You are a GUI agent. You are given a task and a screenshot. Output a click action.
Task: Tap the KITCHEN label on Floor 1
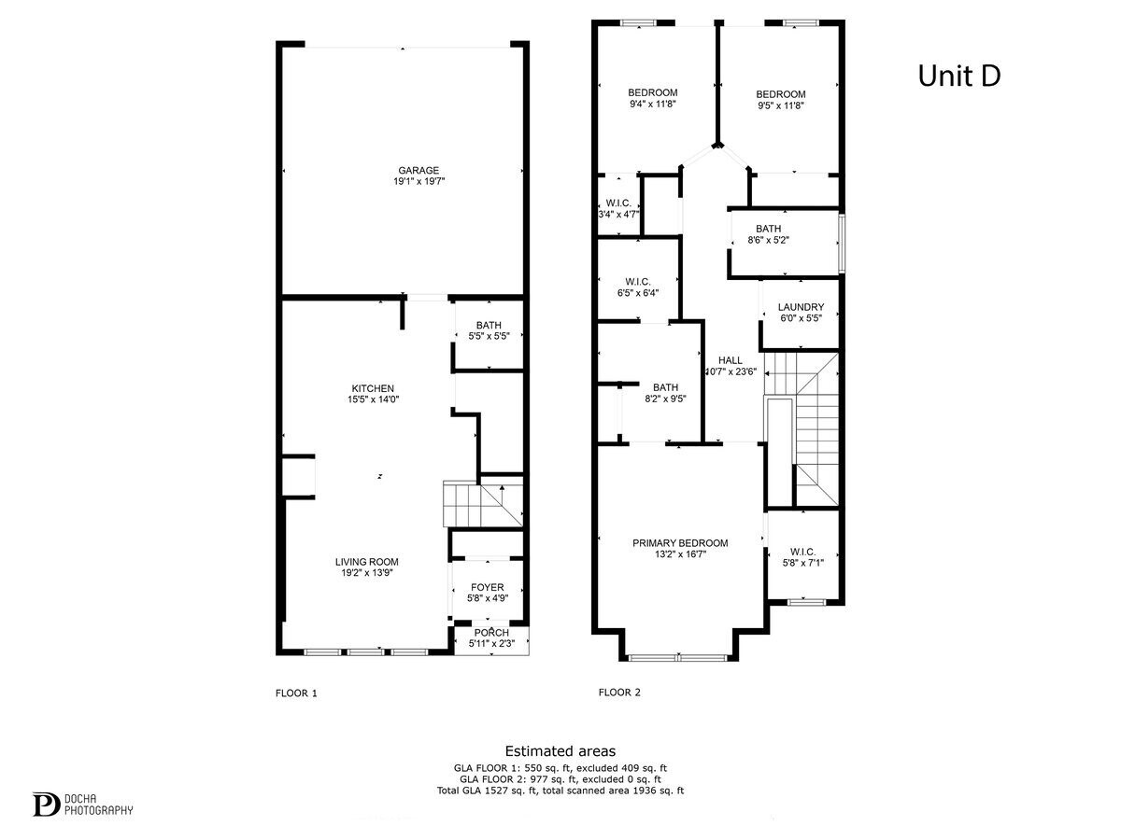point(373,388)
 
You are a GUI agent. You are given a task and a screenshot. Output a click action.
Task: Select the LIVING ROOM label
point(367,562)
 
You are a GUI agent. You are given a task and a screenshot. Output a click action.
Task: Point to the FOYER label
point(487,587)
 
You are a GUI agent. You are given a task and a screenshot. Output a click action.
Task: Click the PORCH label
point(491,632)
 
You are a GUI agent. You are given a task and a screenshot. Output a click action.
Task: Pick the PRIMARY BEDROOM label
point(680,543)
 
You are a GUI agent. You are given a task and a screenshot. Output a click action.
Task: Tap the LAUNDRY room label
point(801,307)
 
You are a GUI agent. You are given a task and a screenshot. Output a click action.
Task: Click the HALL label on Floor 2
point(730,360)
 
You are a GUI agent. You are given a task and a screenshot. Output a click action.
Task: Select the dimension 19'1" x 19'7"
point(419,182)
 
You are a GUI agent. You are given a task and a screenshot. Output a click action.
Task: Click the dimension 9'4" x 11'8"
point(652,105)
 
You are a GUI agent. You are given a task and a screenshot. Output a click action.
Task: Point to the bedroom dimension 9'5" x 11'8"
point(780,105)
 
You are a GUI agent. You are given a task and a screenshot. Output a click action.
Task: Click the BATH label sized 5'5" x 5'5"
point(488,325)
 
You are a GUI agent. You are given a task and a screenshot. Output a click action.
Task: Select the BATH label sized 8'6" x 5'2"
point(768,229)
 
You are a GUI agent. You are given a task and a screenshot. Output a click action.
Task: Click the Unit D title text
point(958,76)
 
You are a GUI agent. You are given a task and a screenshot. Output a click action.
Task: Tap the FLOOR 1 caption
point(296,693)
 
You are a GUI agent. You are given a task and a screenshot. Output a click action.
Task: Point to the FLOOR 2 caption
point(619,693)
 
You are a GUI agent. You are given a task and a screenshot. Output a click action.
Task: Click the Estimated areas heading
point(560,750)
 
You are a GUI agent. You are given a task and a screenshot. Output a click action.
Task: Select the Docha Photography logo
point(83,804)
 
